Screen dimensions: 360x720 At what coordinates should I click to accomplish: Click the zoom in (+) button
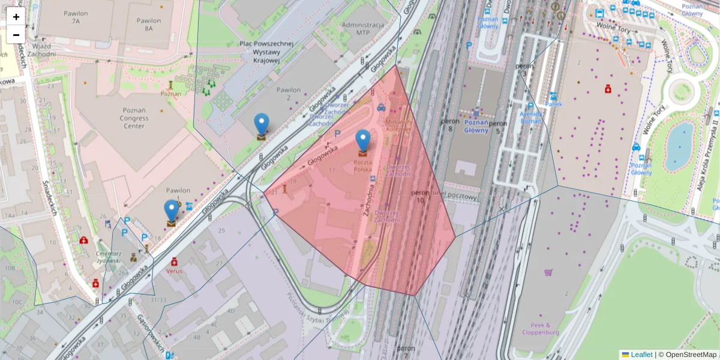pos(16,17)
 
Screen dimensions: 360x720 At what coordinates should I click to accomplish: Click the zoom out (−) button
pos(16,35)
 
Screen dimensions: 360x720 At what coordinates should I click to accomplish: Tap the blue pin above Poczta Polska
pos(362,141)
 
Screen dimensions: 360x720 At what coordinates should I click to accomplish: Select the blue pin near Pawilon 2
pos(262,125)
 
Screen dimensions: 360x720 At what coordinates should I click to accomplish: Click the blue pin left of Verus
pos(172,211)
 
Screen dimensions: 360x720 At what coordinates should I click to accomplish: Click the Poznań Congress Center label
pos(134,118)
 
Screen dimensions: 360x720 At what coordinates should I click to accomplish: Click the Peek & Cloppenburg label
pos(540,329)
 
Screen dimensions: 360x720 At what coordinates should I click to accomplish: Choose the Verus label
pos(174,271)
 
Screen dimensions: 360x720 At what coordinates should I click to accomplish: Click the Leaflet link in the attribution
pos(641,355)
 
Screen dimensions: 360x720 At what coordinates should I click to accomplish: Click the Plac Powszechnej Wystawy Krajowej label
pos(266,52)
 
